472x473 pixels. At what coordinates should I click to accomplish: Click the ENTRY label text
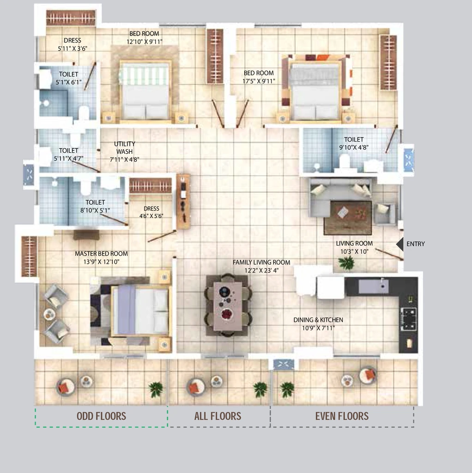point(415,244)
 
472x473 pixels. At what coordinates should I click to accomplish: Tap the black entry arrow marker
point(400,244)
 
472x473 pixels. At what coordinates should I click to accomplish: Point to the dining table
point(228,306)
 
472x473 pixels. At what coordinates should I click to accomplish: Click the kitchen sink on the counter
point(373,286)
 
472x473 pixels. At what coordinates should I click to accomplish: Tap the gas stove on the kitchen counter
point(408,319)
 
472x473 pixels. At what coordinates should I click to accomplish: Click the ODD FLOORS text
point(101,416)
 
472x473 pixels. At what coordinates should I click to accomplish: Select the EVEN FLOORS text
point(342,416)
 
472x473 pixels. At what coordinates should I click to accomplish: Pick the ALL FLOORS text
point(218,416)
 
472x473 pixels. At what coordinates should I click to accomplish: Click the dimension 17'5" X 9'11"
point(259,81)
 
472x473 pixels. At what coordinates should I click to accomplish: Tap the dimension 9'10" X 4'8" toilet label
point(354,147)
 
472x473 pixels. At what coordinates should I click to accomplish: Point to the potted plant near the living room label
point(346,263)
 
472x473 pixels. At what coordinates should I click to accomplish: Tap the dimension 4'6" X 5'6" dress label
point(151,216)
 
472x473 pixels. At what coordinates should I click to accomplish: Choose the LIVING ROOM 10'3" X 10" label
point(354,248)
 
